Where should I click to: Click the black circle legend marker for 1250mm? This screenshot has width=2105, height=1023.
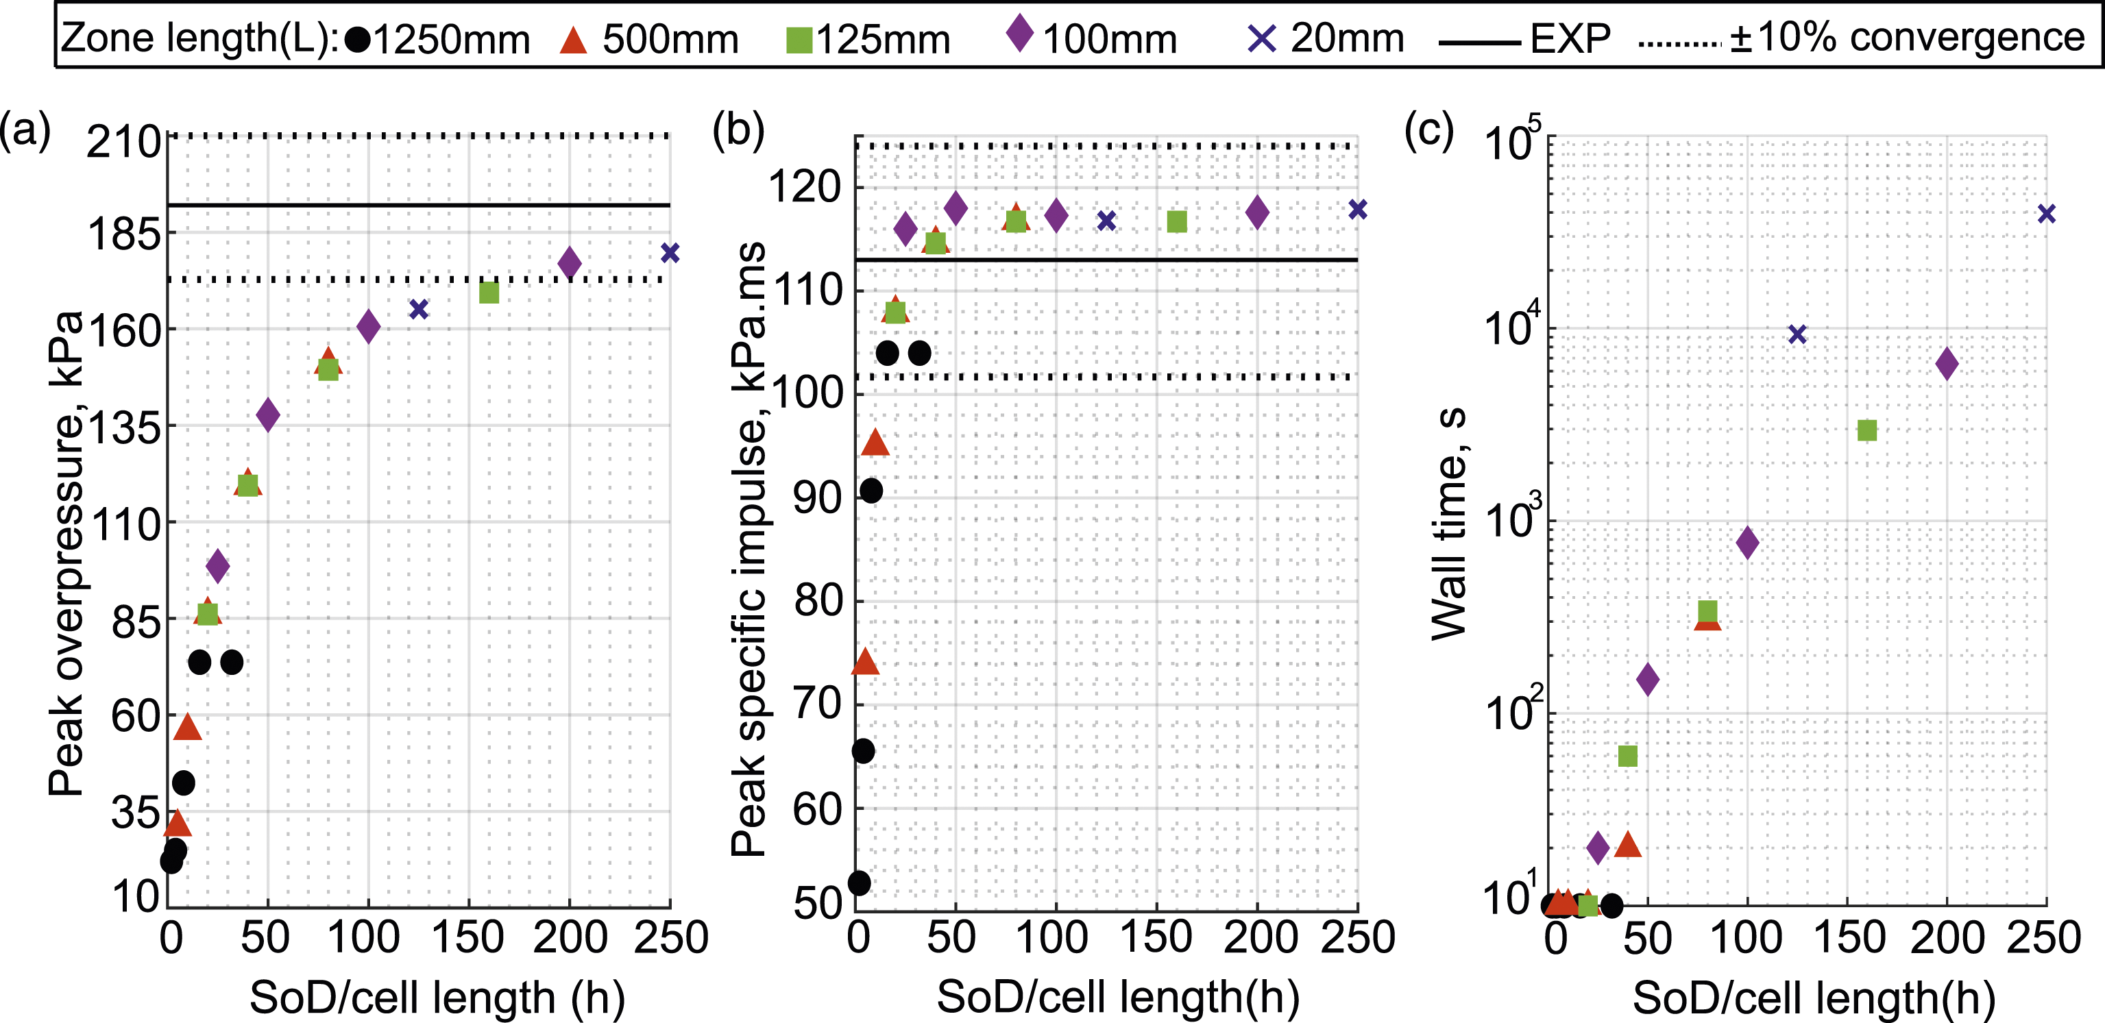point(357,39)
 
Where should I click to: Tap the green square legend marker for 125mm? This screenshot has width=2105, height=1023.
point(799,40)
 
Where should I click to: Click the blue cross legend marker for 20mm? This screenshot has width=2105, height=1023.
point(1263,38)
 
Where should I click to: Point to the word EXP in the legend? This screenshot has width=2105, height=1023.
point(1570,38)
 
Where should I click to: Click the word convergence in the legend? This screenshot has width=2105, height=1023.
point(1967,38)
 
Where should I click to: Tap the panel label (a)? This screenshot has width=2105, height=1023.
point(25,129)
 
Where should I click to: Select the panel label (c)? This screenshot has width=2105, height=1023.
point(1428,129)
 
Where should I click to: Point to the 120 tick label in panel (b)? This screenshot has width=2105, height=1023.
point(805,187)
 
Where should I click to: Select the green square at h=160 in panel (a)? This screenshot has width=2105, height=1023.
point(489,293)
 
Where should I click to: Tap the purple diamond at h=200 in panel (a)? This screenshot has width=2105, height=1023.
point(570,263)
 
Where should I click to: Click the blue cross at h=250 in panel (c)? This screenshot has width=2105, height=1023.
point(2046,214)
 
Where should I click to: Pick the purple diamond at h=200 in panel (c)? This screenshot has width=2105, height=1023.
point(1947,364)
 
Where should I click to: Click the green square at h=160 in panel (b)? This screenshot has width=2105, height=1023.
point(1177,221)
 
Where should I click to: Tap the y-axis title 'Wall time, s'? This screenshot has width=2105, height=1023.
point(1450,523)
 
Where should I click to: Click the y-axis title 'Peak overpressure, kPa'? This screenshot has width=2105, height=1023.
point(65,553)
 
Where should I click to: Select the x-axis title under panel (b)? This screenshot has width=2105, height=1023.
point(1118,997)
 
